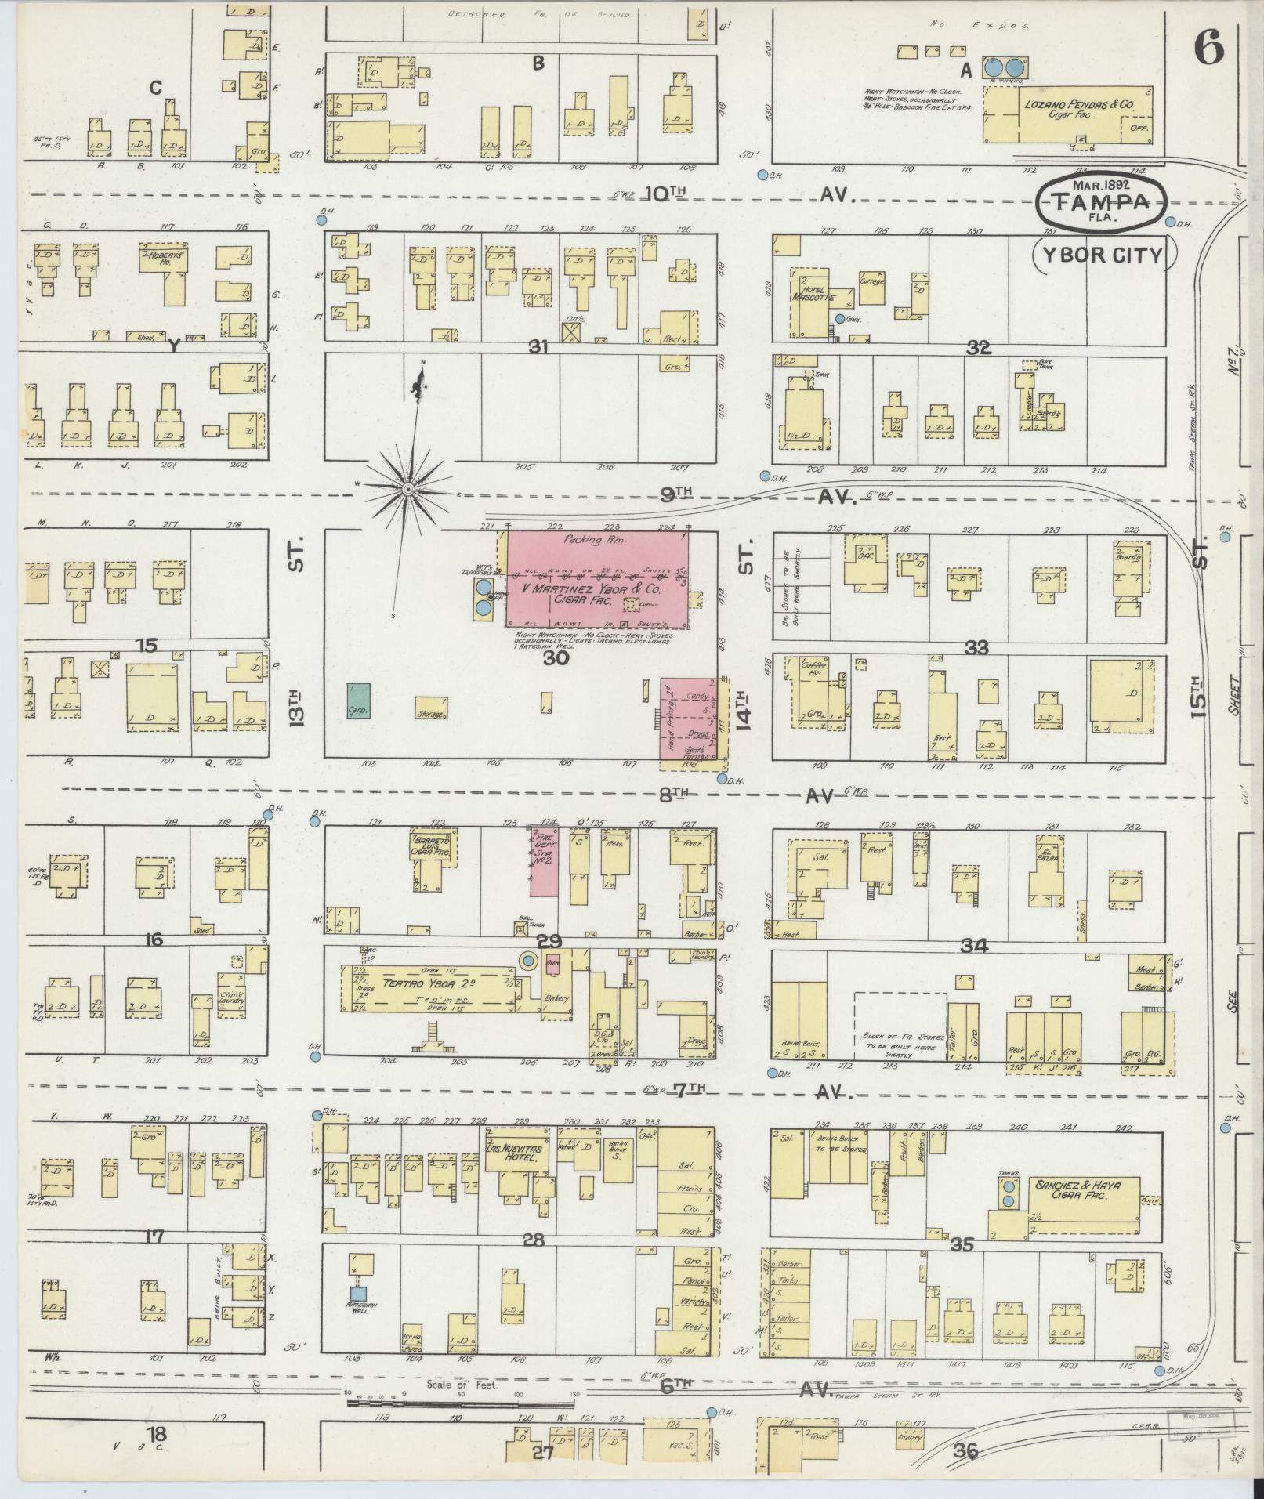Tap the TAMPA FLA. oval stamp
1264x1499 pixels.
pos(1100,203)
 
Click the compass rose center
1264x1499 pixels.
pos(407,490)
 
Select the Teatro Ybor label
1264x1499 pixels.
pos(427,983)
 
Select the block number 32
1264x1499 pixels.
pos(978,349)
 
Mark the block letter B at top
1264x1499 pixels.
pos(538,63)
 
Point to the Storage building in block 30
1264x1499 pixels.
pos(431,708)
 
